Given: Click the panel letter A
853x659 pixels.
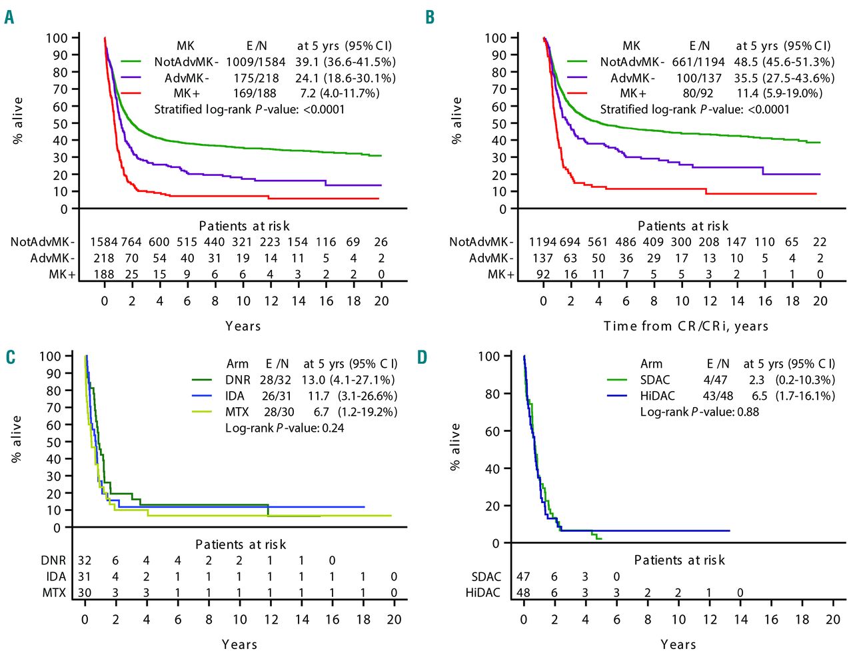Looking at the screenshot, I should pyautogui.click(x=9, y=17).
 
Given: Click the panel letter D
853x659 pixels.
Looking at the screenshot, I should pyautogui.click(x=423, y=357).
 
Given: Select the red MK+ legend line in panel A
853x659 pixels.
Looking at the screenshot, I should pyautogui.click(x=131, y=93).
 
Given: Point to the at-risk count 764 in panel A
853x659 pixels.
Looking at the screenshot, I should pyautogui.click(x=131, y=242).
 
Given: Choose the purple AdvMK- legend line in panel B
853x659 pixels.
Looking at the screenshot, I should pyautogui.click(x=576, y=78).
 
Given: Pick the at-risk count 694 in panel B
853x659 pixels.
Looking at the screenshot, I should pyautogui.click(x=570, y=242).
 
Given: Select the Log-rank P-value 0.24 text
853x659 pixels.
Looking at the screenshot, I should pyautogui.click(x=285, y=428).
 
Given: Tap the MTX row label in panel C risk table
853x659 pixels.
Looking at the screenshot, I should pyautogui.click(x=54, y=592).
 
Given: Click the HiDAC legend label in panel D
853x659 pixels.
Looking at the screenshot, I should pyautogui.click(x=658, y=396).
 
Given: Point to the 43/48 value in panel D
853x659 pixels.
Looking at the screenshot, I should pyautogui.click(x=718, y=396).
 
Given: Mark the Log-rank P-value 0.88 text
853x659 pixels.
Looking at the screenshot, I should pyautogui.click(x=699, y=412).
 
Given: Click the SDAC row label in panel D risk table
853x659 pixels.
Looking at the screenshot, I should pyautogui.click(x=486, y=576).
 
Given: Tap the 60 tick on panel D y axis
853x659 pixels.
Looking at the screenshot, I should pyautogui.click(x=492, y=431).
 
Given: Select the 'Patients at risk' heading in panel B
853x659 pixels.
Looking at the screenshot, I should pyautogui.click(x=682, y=226).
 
